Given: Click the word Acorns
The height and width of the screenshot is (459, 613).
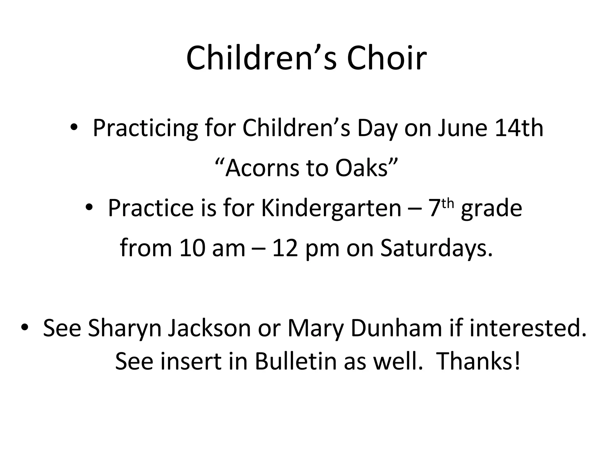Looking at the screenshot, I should [x=262, y=168].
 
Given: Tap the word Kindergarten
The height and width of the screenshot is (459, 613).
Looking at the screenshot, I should [x=331, y=208].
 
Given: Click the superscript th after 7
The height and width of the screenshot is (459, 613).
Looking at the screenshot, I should [x=448, y=204].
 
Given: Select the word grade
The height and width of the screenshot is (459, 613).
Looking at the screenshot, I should [x=491, y=209].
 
